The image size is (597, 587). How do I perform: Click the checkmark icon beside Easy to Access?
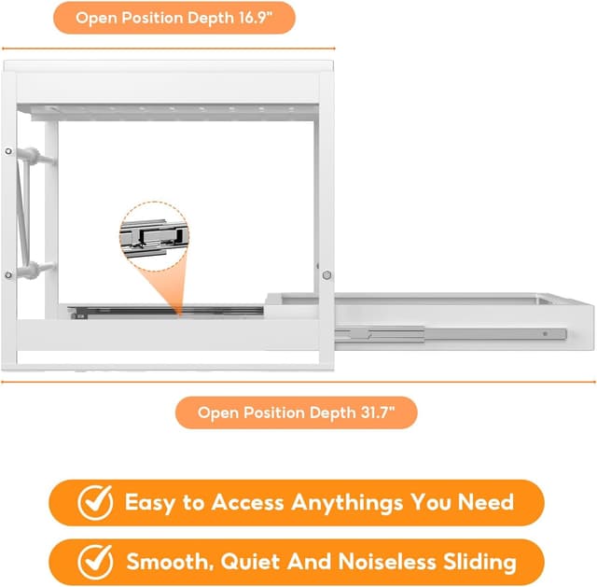tap(95, 502)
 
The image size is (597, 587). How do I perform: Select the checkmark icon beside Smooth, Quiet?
tap(95, 562)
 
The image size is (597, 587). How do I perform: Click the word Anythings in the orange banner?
tap(347, 503)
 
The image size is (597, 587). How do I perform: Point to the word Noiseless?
tap(387, 562)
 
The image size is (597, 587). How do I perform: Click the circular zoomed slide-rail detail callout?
tap(154, 236)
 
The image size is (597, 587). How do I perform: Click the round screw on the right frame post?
tap(326, 274)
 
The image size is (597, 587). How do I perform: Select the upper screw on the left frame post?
tap(8, 151)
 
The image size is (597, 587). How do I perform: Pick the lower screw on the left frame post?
tap(8, 274)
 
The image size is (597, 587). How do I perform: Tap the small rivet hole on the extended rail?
tap(545, 334)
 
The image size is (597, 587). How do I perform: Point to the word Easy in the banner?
tap(150, 503)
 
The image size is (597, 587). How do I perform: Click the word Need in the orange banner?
tap(486, 502)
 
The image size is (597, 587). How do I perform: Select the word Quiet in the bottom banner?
tap(251, 562)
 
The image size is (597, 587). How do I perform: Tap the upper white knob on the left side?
tap(35, 156)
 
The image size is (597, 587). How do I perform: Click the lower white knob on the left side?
tap(35, 270)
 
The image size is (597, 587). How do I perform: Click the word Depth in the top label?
tap(211, 19)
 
